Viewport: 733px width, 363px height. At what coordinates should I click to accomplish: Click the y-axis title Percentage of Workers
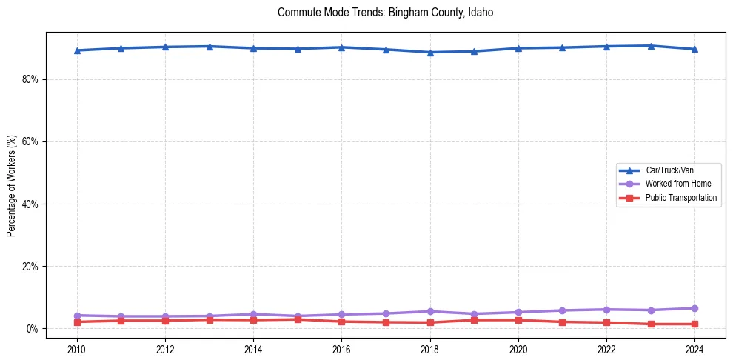tap(11, 185)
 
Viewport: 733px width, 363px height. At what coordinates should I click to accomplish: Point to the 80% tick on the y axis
tap(29, 79)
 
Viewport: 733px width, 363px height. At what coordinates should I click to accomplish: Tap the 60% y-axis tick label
tap(29, 141)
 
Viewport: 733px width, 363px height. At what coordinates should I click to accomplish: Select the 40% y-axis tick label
tap(29, 204)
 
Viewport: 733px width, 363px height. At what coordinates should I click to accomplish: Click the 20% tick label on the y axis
tap(29, 266)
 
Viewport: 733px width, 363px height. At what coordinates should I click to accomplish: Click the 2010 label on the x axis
tap(76, 348)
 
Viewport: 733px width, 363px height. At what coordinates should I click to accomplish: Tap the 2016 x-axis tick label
tap(341, 348)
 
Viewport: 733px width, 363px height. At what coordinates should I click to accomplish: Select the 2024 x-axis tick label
tap(694, 348)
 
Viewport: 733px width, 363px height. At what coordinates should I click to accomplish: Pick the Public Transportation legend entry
tap(680, 198)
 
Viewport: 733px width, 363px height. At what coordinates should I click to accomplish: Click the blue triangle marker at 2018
tap(430, 53)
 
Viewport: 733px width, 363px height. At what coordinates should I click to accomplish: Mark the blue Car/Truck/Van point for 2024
tap(694, 50)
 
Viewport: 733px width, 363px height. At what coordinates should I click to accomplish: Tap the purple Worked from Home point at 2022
tap(606, 310)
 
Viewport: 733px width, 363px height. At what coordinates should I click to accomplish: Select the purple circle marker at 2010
tap(76, 316)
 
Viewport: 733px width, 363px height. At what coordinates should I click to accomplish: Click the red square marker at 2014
tap(253, 320)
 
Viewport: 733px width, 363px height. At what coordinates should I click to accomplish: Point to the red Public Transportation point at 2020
tap(518, 320)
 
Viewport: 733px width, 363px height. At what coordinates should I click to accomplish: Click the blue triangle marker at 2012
tap(165, 47)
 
